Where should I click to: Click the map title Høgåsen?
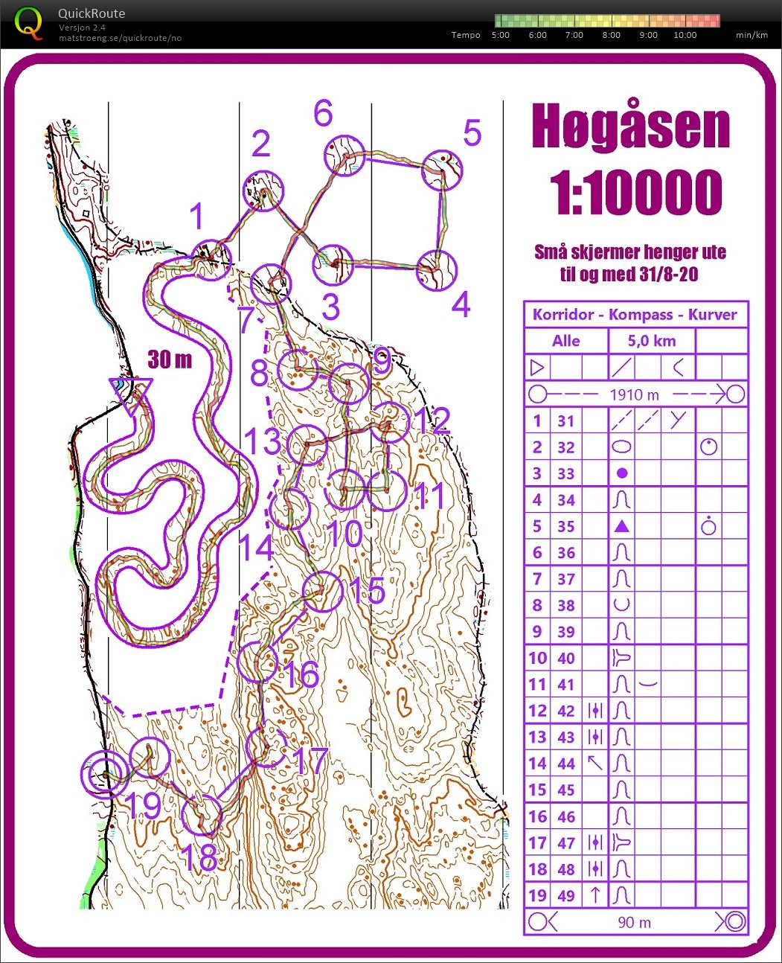pyautogui.click(x=630, y=127)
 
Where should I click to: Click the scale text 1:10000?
pyautogui.click(x=636, y=192)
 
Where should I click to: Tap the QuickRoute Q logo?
pyautogui.click(x=28, y=23)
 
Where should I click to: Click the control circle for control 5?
pyautogui.click(x=443, y=172)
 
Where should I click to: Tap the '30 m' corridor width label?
pyautogui.click(x=170, y=360)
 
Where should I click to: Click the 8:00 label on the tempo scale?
pyautogui.click(x=611, y=35)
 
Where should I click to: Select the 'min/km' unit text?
pyautogui.click(x=751, y=35)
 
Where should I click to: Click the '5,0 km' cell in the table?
pyautogui.click(x=651, y=341)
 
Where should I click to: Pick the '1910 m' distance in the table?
pyautogui.click(x=635, y=394)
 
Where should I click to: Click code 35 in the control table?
pyautogui.click(x=565, y=526)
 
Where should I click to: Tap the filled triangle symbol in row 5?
pyautogui.click(x=622, y=526)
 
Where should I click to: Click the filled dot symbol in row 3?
pyautogui.click(x=622, y=473)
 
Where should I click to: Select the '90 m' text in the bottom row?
pyautogui.click(x=634, y=922)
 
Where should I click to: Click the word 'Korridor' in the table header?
pyautogui.click(x=563, y=314)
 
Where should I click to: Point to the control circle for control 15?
pyautogui.click(x=323, y=592)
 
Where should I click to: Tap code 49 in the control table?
pyautogui.click(x=565, y=895)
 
